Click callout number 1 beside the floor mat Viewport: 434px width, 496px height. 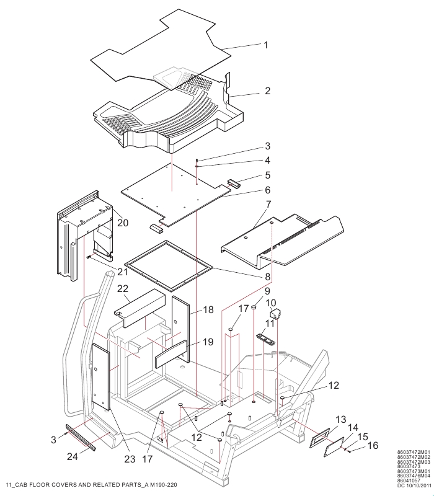tap(266, 45)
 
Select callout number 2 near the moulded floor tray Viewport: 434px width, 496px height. tap(267, 91)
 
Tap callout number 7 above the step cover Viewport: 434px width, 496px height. tap(268, 205)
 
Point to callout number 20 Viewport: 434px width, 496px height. tap(123, 223)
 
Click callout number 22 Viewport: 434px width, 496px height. tap(123, 288)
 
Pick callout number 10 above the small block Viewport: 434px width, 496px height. tap(271, 303)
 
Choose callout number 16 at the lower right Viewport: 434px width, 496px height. tap(373, 445)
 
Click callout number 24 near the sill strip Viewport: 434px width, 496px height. tap(73, 456)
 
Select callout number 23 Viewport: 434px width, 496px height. tap(130, 459)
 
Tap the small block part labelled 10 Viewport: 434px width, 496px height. tap(275, 315)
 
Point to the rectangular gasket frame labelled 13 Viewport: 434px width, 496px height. tap(319, 438)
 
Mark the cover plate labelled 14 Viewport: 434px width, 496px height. tap(334, 446)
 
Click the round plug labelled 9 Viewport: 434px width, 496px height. tap(254, 306)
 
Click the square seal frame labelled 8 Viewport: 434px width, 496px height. tap(168, 266)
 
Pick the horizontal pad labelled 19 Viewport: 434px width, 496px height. tap(171, 354)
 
